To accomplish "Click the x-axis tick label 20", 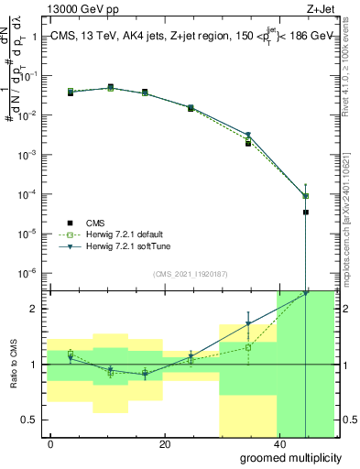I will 164,445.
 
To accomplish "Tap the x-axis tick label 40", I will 278,445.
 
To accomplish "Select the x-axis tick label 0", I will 50,445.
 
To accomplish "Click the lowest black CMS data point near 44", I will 305,212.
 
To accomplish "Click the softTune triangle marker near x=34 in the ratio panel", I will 248,323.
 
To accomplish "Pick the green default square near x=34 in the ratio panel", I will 248,347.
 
